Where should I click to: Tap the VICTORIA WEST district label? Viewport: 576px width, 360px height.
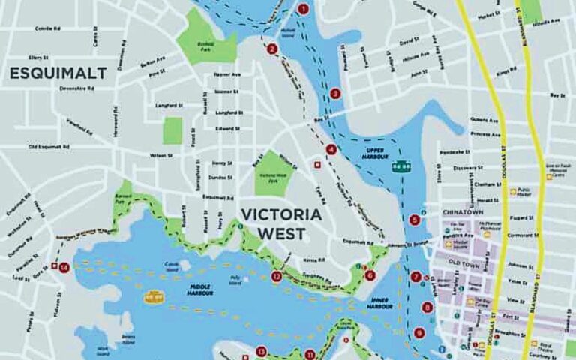280,223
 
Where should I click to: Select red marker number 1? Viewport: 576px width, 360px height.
303,10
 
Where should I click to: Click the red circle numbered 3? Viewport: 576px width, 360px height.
335,94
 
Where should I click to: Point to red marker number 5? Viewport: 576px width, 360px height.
415,220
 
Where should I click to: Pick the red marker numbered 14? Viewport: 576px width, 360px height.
65,266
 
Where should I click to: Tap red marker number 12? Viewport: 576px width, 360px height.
277,276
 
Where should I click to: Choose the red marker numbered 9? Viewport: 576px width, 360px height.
418,332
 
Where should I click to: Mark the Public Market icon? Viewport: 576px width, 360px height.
514,191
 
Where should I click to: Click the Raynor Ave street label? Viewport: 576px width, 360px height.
226,74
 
